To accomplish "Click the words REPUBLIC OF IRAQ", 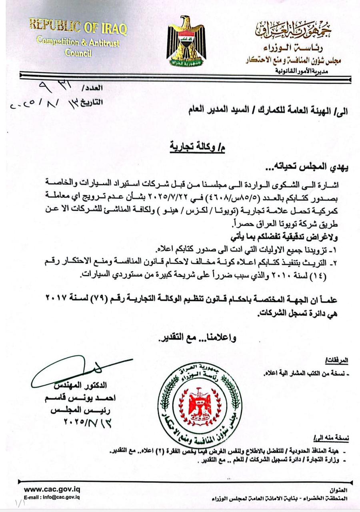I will [x=78, y=28].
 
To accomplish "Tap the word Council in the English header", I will [x=79, y=53].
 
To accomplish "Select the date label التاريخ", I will [x=92, y=102].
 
